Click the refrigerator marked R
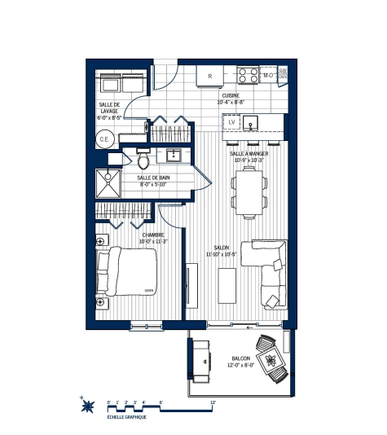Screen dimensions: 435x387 click(x=210, y=77)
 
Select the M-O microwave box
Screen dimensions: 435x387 click(x=268, y=76)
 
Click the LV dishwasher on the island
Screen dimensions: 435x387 click(x=231, y=122)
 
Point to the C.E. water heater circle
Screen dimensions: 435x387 click(x=104, y=139)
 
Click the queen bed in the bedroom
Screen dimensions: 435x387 click(x=128, y=274)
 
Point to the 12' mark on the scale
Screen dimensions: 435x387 click(x=213, y=402)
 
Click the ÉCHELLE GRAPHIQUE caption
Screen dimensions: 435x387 click(x=127, y=418)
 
